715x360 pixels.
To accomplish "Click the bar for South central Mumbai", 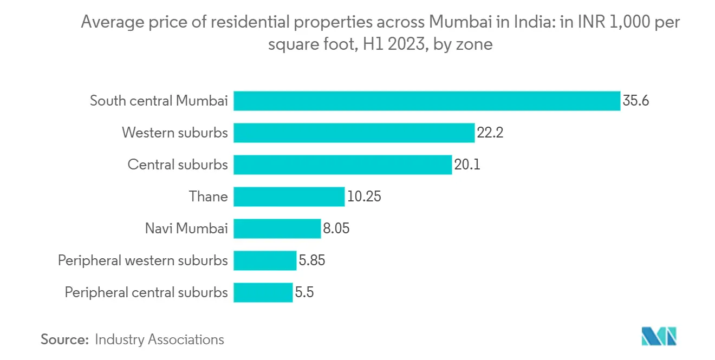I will coord(427,101).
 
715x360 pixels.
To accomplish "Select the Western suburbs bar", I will coord(354,133).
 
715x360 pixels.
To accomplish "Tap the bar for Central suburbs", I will coord(343,165).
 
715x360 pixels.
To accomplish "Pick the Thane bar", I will coord(289,197).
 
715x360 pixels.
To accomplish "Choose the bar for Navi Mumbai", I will coord(277,228).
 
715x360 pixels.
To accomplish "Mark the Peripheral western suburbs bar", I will coord(265,260).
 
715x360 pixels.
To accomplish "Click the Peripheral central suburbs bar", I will coord(263,292).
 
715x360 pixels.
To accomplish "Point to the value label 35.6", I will coord(636,101).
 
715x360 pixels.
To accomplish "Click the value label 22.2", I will coord(490,133).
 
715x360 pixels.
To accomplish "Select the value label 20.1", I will coord(467,165).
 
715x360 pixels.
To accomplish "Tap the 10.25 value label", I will coord(364,197).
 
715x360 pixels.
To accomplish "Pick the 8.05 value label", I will coord(336,228).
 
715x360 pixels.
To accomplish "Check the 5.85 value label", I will coord(312,260).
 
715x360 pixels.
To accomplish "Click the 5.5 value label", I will coord(305,292).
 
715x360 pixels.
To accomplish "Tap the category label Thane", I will coord(208,197).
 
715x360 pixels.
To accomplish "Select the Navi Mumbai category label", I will coord(186,228).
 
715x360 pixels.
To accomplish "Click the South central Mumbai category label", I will coord(159,101).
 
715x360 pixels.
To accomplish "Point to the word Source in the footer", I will coord(64,339).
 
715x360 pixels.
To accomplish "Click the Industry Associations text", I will coord(159,339).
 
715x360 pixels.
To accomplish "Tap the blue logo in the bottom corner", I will coord(659,336).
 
